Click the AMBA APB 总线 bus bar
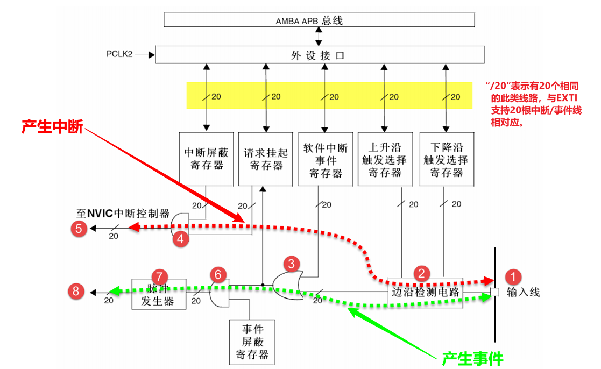pyautogui.click(x=319, y=20)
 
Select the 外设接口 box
pyautogui.click(x=320, y=55)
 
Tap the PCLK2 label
pyautogui.click(x=119, y=54)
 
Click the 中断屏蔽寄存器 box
pyautogui.click(x=207, y=159)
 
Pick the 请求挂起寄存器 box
pyautogui.click(x=266, y=159)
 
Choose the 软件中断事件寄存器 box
pyautogui.click(x=326, y=159)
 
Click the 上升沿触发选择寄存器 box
pyautogui.click(x=385, y=159)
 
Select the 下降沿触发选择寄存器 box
pyautogui.click(x=446, y=159)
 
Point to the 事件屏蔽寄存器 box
pyautogui.click(x=249, y=342)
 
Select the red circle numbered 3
pyautogui.click(x=291, y=264)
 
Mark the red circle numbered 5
pyautogui.click(x=79, y=229)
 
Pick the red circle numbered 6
pyautogui.click(x=218, y=274)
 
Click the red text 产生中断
pyautogui.click(x=52, y=127)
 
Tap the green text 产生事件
pyautogui.click(x=472, y=358)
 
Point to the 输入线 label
pyautogui.click(x=523, y=293)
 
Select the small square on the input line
pyautogui.click(x=494, y=293)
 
